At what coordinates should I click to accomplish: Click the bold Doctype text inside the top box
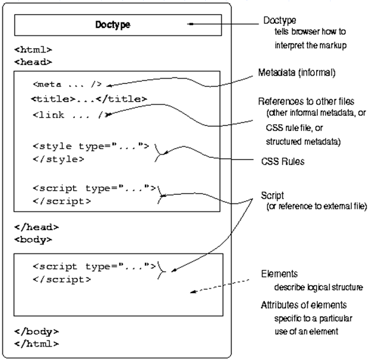113,25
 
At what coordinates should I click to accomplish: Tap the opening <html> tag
33,50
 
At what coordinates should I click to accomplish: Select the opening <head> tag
33,62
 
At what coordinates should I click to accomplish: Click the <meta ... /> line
68,84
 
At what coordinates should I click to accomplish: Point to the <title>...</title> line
89,99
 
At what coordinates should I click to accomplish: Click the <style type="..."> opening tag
91,146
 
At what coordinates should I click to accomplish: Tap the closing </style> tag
58,159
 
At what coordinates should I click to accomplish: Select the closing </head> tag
37,227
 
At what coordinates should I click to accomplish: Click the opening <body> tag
33,239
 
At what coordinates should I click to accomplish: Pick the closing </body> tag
37,331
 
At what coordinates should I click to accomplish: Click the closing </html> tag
37,344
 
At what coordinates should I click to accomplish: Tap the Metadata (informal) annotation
297,72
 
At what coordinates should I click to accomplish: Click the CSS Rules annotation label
283,161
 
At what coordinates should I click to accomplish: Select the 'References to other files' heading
306,102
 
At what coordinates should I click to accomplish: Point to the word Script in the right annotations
272,196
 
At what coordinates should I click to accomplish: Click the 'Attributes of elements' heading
304,305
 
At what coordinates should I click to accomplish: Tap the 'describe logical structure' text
318,288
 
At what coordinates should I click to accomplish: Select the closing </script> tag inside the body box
61,280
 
